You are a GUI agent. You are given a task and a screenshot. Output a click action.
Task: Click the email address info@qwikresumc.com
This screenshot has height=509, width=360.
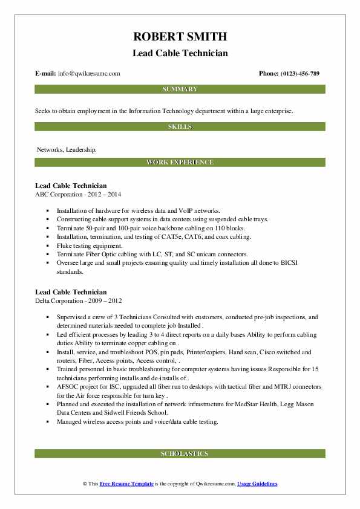pyautogui.click(x=89, y=74)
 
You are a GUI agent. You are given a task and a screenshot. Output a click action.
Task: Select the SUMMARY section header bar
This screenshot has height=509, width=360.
pyautogui.click(x=180, y=89)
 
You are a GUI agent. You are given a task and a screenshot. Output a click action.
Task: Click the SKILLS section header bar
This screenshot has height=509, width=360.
pyautogui.click(x=180, y=126)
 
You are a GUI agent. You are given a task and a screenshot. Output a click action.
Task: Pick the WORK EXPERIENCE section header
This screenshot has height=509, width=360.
pyautogui.click(x=180, y=163)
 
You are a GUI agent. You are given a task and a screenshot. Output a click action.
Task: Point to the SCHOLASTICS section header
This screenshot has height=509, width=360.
pyautogui.click(x=180, y=453)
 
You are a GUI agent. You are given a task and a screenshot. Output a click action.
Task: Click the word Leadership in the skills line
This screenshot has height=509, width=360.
pyautogui.click(x=80, y=149)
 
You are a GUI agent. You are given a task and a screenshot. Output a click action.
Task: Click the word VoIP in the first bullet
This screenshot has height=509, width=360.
pyautogui.click(x=170, y=211)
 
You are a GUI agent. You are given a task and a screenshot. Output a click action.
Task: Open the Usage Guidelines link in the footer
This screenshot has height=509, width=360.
pyautogui.click(x=257, y=484)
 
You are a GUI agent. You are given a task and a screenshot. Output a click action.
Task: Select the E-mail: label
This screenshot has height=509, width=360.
pyautogui.click(x=46, y=74)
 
